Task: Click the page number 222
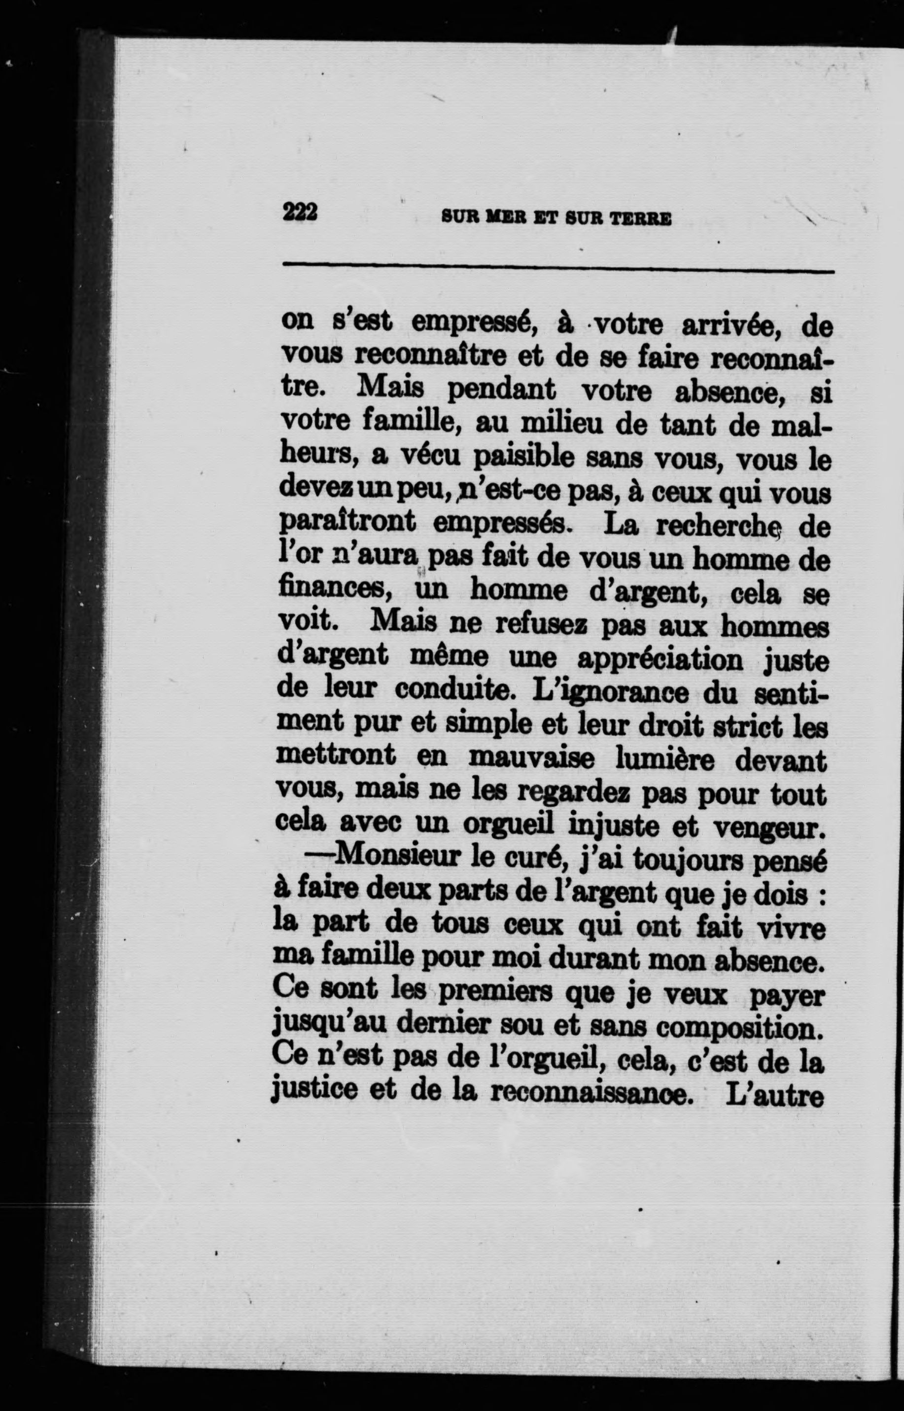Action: point(299,212)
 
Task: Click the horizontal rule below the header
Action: point(557,269)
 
